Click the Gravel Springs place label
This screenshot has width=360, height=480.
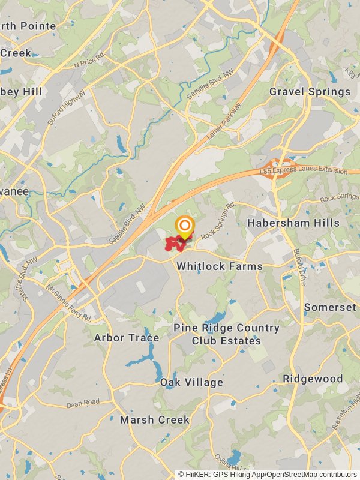[310, 92]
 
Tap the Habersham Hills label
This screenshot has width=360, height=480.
[293, 223]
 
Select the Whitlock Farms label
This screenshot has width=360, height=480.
[220, 266]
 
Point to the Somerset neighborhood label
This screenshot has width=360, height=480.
[330, 307]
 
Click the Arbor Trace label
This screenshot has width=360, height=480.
[127, 338]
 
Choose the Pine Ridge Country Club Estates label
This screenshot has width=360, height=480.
[226, 334]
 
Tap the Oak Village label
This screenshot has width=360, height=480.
[191, 382]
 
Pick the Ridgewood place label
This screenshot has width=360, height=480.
[313, 379]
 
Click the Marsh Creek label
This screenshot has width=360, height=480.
[155, 419]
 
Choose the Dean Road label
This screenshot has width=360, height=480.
[83, 404]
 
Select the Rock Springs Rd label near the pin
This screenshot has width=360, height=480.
[218, 221]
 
